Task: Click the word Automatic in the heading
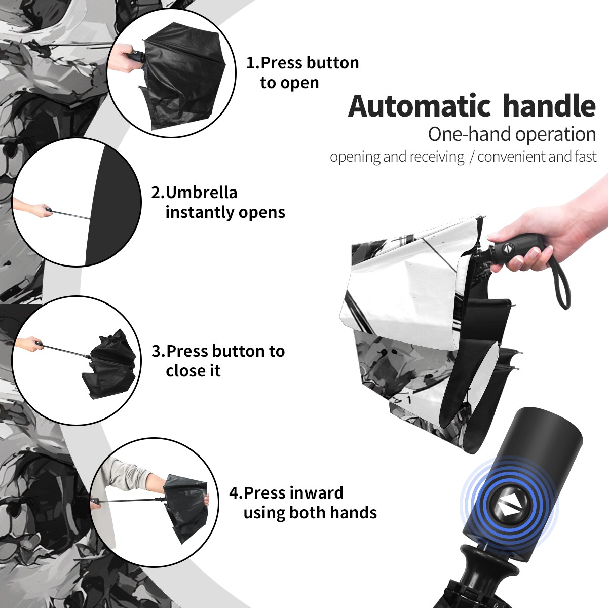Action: tap(420, 106)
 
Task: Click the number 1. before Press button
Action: tap(253, 63)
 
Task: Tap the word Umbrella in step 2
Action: tap(201, 193)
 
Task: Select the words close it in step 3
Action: tap(193, 370)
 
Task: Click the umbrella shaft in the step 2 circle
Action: tap(71, 214)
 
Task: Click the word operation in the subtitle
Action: tap(556, 135)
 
